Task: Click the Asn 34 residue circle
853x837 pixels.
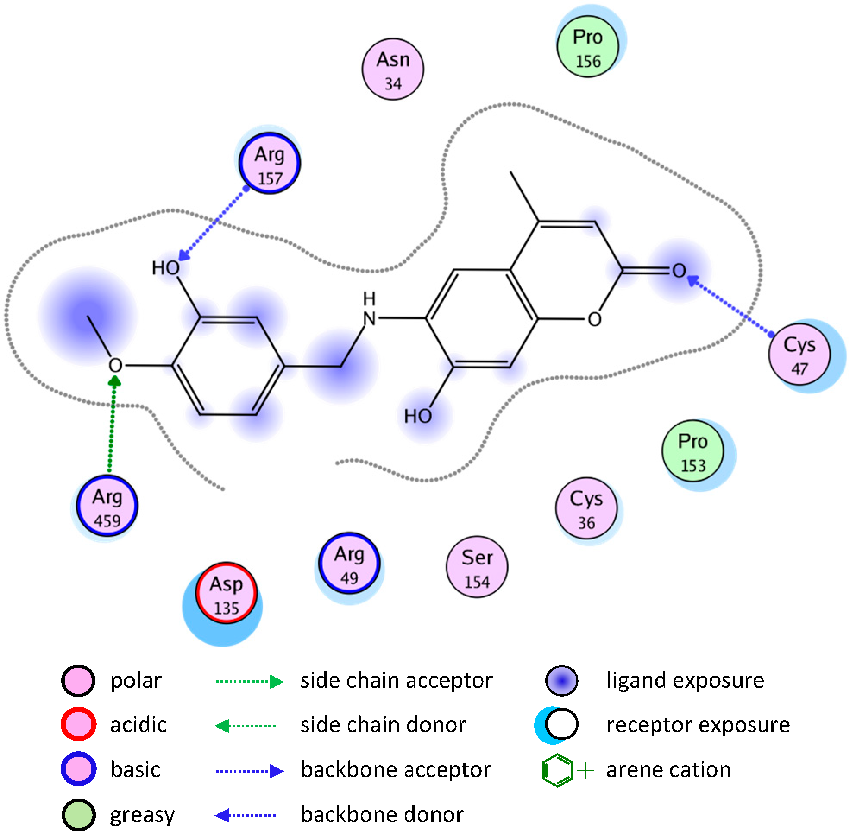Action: click(393, 70)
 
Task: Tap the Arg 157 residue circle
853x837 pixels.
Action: click(269, 163)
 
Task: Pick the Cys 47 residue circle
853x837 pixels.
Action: click(799, 354)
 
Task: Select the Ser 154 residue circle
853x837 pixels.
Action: click(477, 567)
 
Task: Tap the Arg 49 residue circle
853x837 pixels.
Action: click(349, 564)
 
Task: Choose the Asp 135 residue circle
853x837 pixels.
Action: click(226, 593)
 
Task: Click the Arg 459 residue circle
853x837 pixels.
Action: click(107, 506)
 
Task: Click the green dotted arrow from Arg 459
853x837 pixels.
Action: click(112, 426)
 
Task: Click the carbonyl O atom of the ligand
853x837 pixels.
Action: click(679, 271)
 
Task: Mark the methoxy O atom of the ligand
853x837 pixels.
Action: click(116, 365)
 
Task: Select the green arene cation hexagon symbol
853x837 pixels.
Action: click(557, 770)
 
